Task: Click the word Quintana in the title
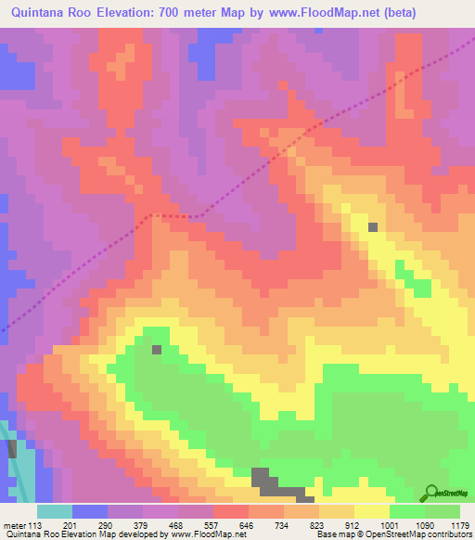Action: click(39, 13)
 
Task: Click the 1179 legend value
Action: click(460, 525)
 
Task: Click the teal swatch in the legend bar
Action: click(54, 511)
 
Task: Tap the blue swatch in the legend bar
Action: click(89, 511)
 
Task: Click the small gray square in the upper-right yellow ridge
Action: click(373, 226)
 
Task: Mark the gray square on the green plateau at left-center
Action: click(156, 350)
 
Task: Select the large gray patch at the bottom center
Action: click(270, 482)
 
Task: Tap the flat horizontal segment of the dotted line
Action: click(173, 215)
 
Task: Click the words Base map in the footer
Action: click(333, 534)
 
